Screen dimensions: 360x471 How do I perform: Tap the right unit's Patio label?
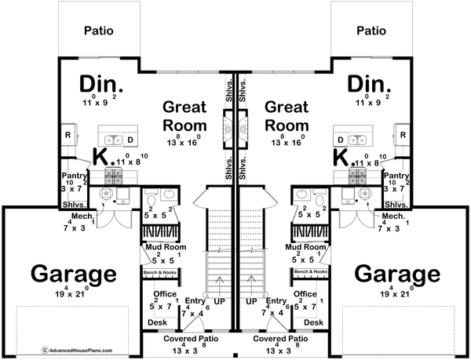[372, 32]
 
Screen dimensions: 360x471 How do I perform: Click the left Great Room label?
[185, 115]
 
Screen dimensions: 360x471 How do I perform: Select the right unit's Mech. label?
[393, 215]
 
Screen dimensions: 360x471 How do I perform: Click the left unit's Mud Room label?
[162, 246]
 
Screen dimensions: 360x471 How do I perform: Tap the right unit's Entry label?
[276, 301]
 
